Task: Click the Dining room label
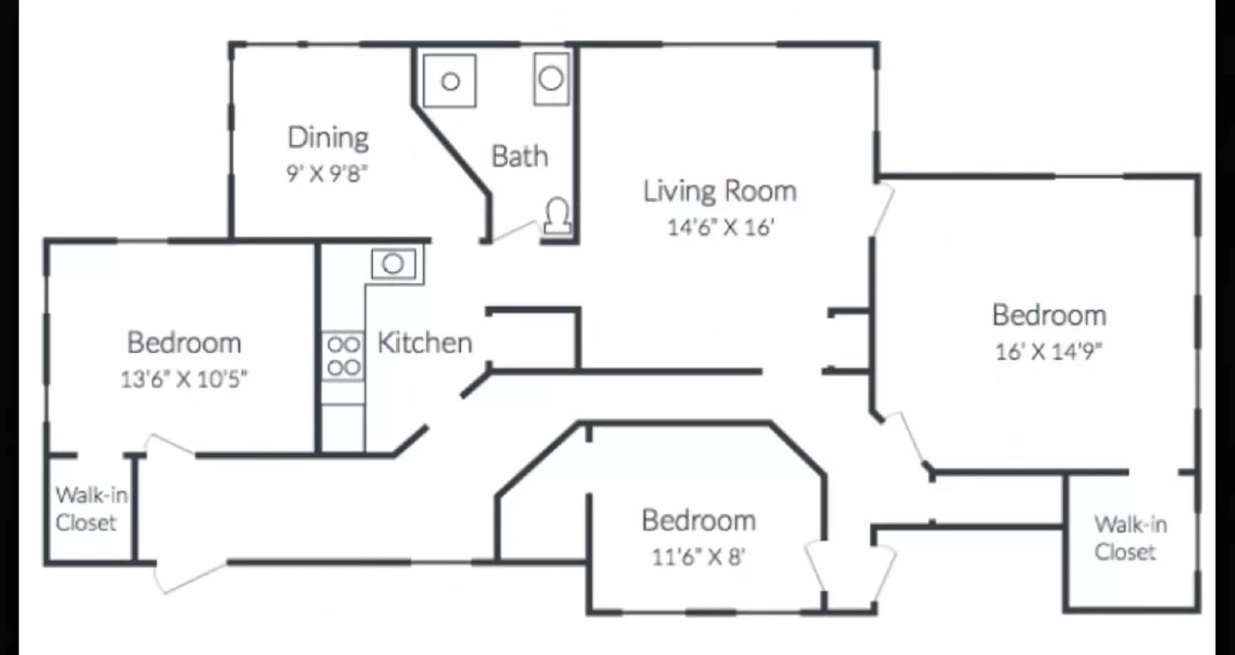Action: click(328, 138)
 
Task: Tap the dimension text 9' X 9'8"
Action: click(327, 173)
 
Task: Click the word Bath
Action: click(519, 157)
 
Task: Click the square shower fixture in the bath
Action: click(450, 80)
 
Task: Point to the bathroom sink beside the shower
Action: click(551, 78)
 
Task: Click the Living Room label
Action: click(719, 191)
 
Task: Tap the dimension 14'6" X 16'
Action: click(719, 227)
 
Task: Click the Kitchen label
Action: click(425, 343)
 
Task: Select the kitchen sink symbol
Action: click(393, 264)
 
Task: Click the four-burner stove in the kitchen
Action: click(343, 355)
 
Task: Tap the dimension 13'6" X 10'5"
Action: click(184, 379)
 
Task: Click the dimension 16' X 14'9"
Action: click(1048, 351)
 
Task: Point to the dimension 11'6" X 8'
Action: click(698, 556)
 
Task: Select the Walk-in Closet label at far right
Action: click(1128, 538)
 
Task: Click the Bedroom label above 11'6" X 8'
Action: click(699, 521)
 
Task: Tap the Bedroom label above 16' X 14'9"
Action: click(1049, 315)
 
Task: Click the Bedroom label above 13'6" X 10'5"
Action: click(184, 343)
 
